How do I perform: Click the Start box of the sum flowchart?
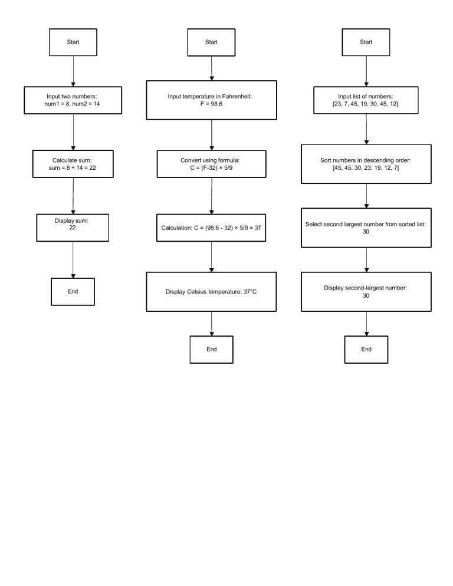pos(72,42)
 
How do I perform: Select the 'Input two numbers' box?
pos(72,101)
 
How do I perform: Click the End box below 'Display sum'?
pos(72,291)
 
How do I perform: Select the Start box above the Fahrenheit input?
pos(211,42)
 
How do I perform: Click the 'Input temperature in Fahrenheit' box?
pos(211,101)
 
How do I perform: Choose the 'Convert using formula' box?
pos(211,164)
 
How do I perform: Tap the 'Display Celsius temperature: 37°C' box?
pos(211,291)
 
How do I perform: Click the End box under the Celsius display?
pos(211,349)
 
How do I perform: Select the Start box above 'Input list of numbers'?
pos(366,42)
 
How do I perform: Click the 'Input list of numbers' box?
pos(366,101)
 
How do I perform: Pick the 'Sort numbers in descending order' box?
pos(366,164)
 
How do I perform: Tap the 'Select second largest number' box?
pos(366,228)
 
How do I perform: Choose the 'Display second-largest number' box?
pos(366,291)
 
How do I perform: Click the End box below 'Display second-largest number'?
pos(366,349)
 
